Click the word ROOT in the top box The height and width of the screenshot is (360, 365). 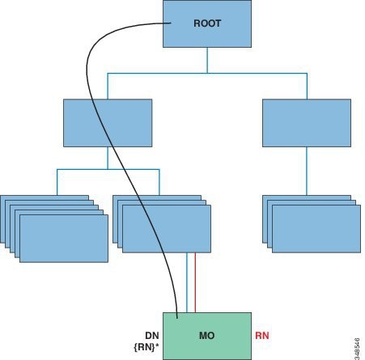point(207,23)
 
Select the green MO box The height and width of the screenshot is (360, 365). point(207,336)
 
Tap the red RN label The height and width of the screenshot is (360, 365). point(262,336)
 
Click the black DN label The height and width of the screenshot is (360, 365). point(152,336)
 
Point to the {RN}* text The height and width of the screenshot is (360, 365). point(146,347)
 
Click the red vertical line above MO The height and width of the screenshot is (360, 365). point(195,282)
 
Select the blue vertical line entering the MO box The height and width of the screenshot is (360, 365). point(187,282)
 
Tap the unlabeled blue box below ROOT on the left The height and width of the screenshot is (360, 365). point(108,123)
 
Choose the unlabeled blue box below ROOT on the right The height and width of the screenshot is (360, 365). point(307,123)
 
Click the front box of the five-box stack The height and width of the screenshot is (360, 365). point(64,239)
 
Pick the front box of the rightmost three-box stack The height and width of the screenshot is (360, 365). point(316,229)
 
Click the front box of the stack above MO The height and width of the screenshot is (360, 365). point(167,229)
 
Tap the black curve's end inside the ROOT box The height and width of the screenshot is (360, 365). point(171,23)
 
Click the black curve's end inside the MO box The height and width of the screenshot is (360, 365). point(177,318)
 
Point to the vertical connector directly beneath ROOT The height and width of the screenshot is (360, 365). point(207,60)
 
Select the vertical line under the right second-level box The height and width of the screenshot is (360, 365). point(307,171)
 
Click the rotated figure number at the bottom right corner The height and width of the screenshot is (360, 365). point(357,349)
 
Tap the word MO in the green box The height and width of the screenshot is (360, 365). point(207,336)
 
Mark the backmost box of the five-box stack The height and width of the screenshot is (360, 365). point(45,197)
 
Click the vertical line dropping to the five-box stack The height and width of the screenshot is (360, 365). point(57,182)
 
